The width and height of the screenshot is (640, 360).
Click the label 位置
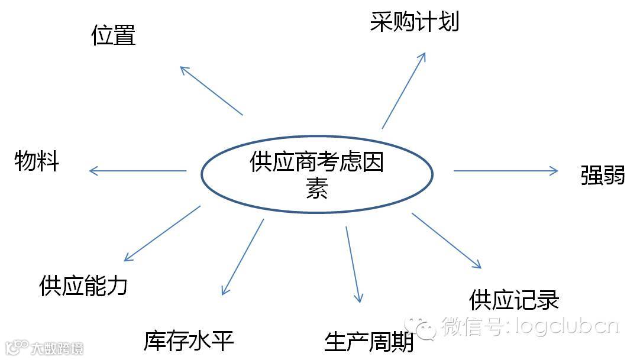pyautogui.click(x=114, y=35)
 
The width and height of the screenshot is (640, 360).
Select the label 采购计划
pyautogui.click(x=414, y=22)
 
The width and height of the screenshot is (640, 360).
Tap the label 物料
pyautogui.click(x=37, y=161)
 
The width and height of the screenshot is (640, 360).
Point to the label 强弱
pyautogui.click(x=602, y=176)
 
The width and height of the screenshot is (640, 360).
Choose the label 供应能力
pyautogui.click(x=83, y=286)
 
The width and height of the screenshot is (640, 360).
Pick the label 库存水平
pyautogui.click(x=189, y=341)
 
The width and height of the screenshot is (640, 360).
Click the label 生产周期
pyautogui.click(x=369, y=342)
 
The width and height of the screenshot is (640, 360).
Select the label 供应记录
pyautogui.click(x=513, y=300)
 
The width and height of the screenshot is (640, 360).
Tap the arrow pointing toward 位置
pyautogui.click(x=211, y=90)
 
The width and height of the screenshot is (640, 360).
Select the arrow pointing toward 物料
pyautogui.click(x=137, y=171)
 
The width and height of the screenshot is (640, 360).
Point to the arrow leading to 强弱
pyautogui.click(x=506, y=171)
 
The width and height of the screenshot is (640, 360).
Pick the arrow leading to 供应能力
pyautogui.click(x=162, y=233)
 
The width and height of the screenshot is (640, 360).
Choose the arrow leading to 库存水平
pyautogui.click(x=243, y=257)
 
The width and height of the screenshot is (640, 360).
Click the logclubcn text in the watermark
pyautogui.click(x=567, y=326)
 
